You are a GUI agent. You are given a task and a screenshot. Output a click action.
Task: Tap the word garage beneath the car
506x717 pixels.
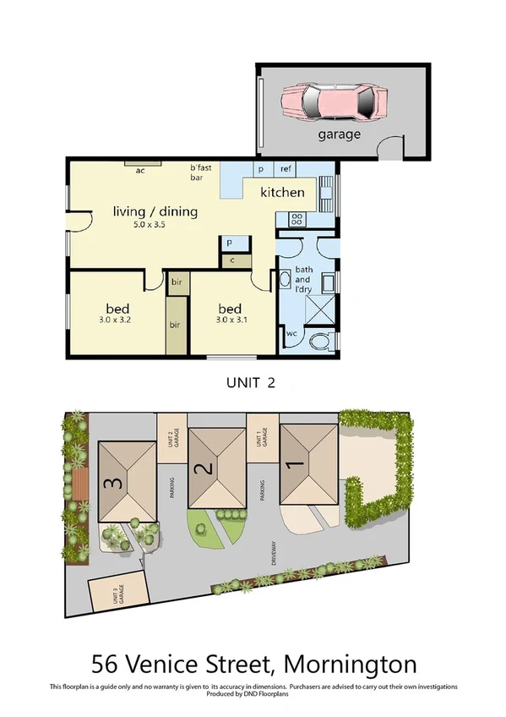(339, 134)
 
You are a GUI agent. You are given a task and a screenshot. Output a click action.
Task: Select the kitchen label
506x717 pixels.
(282, 192)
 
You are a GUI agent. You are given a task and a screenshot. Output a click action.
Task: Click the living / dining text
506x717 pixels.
(155, 211)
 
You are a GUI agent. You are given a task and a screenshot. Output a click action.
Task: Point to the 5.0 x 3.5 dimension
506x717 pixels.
(155, 226)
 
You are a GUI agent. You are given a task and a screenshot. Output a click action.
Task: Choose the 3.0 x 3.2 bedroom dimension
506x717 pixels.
(117, 320)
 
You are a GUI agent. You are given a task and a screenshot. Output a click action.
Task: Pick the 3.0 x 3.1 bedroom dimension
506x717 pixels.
(230, 320)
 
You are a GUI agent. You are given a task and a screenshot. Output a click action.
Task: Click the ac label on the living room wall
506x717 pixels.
(140, 170)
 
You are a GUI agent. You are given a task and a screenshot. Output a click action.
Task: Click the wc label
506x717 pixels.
(291, 333)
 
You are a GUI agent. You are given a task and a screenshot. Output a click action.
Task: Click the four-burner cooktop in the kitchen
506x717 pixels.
(297, 218)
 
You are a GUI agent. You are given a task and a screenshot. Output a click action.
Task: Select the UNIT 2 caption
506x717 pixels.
(250, 381)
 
